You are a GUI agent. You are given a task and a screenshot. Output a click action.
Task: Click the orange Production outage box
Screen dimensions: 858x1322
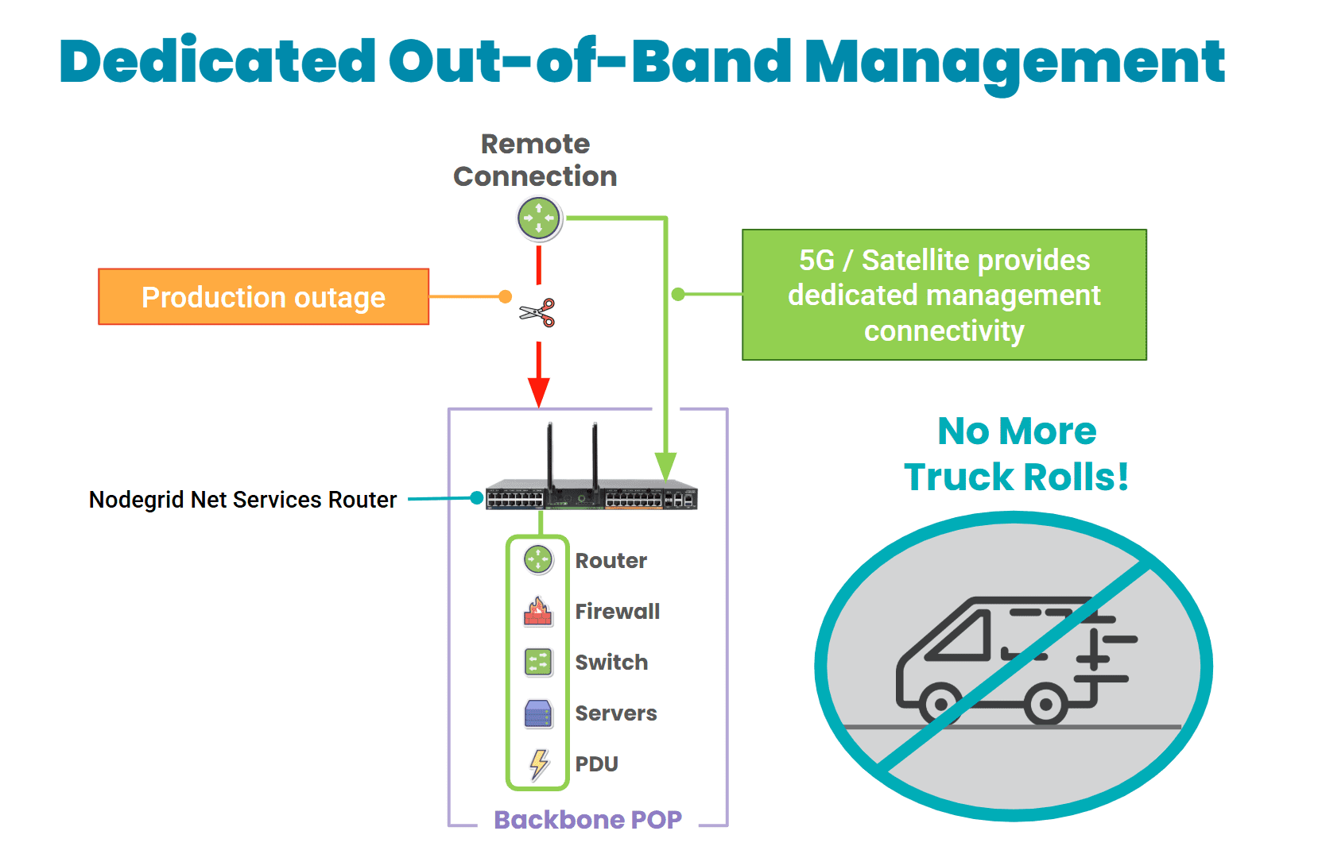pos(263,297)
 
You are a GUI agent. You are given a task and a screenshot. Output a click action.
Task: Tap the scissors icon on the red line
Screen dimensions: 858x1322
pos(537,313)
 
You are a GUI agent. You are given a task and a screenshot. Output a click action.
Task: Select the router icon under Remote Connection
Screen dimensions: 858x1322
pos(539,218)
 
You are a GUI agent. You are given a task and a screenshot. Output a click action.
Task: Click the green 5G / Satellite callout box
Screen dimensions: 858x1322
pos(944,295)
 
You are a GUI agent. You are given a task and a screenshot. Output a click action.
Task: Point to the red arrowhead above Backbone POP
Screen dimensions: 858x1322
pos(539,391)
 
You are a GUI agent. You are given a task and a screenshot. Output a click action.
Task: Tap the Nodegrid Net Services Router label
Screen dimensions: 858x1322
pos(242,500)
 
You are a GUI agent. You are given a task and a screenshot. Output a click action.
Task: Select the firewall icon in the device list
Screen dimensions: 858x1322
pos(538,611)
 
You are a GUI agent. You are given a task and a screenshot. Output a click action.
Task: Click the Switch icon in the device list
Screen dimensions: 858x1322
pos(538,662)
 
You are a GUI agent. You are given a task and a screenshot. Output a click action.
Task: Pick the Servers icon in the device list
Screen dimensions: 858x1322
pos(538,713)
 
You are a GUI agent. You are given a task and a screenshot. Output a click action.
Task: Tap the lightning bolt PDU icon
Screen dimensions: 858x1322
pos(539,764)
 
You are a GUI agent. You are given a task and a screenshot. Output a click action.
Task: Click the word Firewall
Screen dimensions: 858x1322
pos(617,612)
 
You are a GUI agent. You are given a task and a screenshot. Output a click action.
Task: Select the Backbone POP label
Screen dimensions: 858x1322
pos(587,820)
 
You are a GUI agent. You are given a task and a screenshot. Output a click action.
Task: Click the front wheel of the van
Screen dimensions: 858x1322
pos(940,704)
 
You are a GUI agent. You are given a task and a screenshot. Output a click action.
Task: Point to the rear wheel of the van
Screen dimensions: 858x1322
pos(1045,704)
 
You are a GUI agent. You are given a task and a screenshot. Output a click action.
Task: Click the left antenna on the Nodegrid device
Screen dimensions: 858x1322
pos(549,453)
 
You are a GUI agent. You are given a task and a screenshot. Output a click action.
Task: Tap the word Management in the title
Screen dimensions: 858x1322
pos(1014,62)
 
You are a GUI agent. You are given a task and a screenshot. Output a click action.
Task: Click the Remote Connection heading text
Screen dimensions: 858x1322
pos(535,160)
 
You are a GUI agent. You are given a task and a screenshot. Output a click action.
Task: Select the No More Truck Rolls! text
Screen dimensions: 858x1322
pos(1017,454)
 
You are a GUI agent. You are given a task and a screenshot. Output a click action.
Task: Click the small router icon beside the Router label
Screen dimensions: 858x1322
pos(538,559)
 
